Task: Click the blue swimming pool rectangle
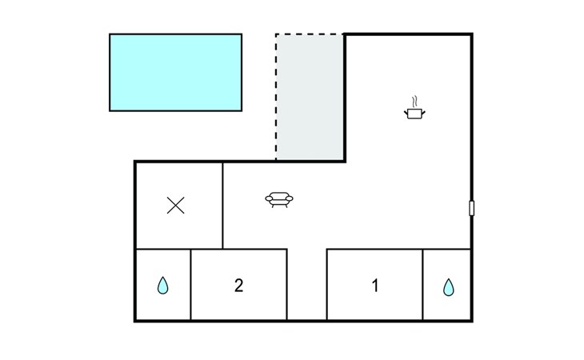[175, 72]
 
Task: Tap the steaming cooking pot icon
[414, 108]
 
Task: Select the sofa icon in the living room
[279, 199]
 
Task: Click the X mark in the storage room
[175, 206]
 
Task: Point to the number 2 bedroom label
[238, 286]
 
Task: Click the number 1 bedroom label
[375, 286]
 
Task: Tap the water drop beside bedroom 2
[162, 286]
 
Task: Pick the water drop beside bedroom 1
[449, 287]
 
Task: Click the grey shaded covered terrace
[310, 97]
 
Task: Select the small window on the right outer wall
[471, 208]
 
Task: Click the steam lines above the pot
[414, 102]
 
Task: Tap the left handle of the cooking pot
[406, 112]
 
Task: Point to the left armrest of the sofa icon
[269, 199]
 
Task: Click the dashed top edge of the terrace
[310, 34]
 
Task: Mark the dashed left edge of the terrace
[276, 97]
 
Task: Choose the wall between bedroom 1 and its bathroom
[422, 285]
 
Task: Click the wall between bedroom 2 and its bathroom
[190, 285]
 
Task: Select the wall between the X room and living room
[222, 206]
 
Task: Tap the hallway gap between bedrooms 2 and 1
[307, 285]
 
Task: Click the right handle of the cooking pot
[423, 112]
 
